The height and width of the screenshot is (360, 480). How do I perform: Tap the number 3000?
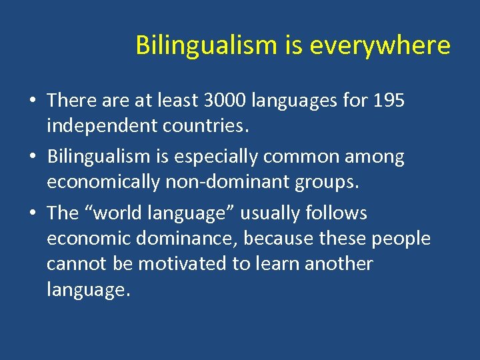(x=228, y=101)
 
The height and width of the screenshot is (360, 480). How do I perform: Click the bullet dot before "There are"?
(x=33, y=101)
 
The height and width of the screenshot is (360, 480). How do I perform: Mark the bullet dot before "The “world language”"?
(x=33, y=213)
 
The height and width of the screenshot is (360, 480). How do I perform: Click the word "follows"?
(x=338, y=213)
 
